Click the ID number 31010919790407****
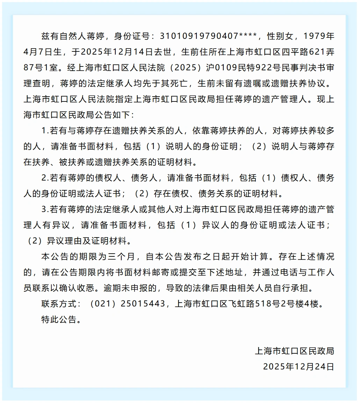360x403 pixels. click(x=209, y=36)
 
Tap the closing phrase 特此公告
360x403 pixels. click(x=59, y=319)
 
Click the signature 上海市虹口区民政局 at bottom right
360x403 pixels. click(x=295, y=351)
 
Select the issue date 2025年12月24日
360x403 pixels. click(x=299, y=367)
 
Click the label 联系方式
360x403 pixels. click(x=59, y=304)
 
